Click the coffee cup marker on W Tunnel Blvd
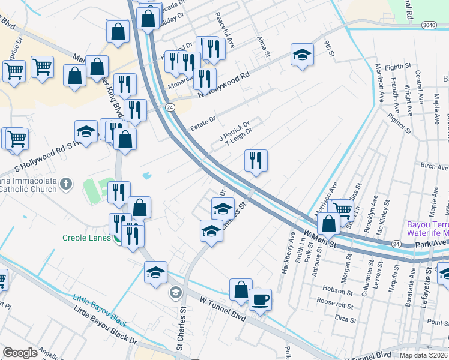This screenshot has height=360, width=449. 260,299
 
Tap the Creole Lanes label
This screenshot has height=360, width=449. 87,238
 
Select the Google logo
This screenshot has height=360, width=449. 20,353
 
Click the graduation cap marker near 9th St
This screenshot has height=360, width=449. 302,55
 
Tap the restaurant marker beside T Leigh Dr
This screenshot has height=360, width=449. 256,160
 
